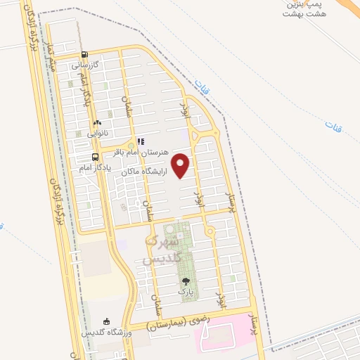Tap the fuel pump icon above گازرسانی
point(85,54)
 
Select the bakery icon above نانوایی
point(97,123)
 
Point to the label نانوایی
point(96,133)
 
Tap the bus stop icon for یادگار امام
point(95,157)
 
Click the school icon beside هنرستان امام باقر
point(140,141)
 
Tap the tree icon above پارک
point(186,281)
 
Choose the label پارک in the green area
point(185,290)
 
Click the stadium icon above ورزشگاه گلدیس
point(107,321)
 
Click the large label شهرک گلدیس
point(163,250)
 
